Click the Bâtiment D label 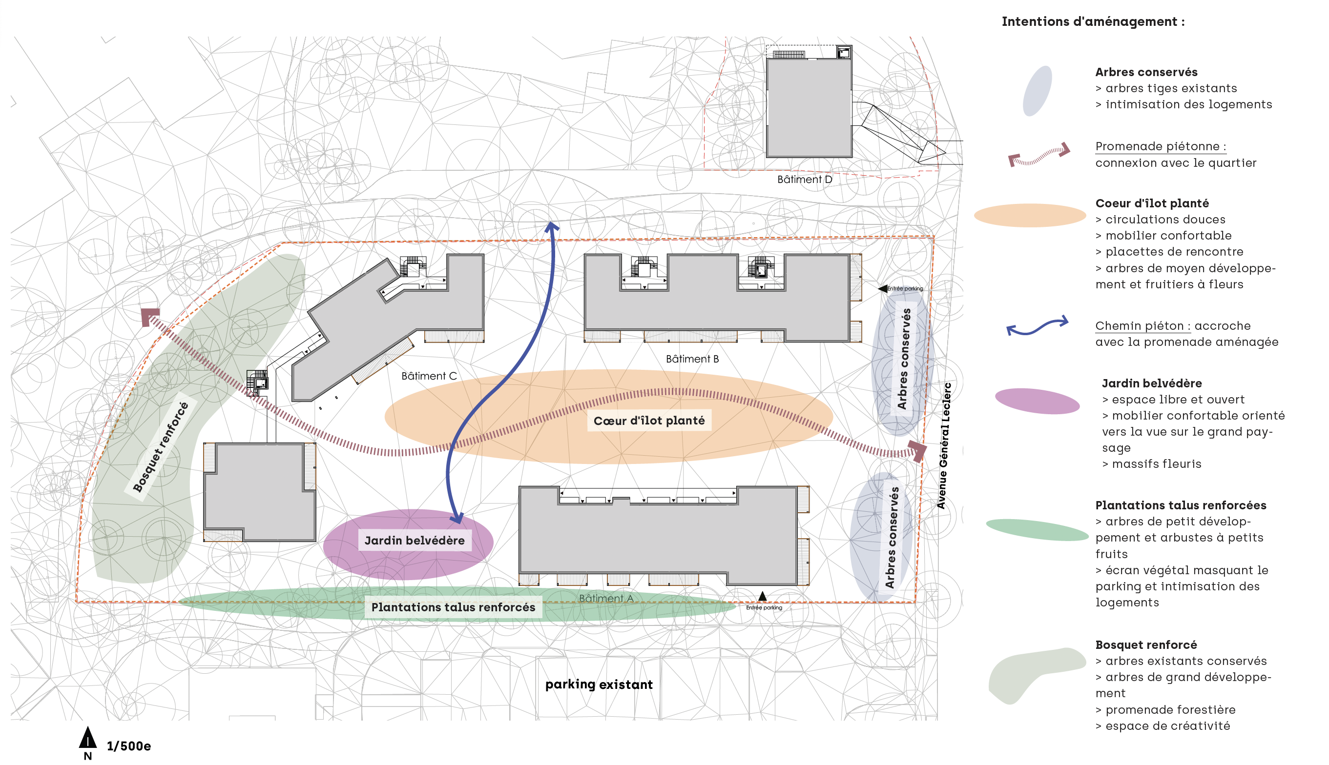tap(804, 179)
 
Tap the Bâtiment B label tap(692, 359)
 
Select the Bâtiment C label tap(429, 376)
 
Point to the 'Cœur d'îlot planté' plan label tap(649, 421)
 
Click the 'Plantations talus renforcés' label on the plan tap(453, 607)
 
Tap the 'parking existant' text tap(599, 684)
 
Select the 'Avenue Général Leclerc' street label tap(945, 445)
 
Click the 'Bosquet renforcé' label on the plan tap(160, 446)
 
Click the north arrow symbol tap(88, 738)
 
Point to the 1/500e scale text tap(129, 746)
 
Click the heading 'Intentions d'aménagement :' tap(1093, 21)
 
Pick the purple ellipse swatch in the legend tap(1037, 402)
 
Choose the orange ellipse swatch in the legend tap(1030, 216)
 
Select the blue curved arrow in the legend tap(1037, 326)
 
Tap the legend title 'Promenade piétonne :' tap(1161, 146)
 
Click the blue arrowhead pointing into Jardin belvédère tap(457, 518)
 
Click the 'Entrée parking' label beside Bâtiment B tap(905, 288)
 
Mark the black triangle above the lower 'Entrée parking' tap(762, 596)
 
